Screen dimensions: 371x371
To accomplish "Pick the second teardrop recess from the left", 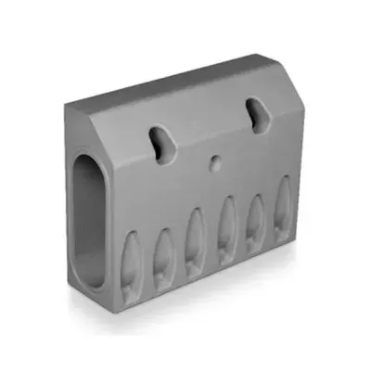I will point(163,250).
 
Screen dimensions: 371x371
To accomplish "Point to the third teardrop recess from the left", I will point(195,240).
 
